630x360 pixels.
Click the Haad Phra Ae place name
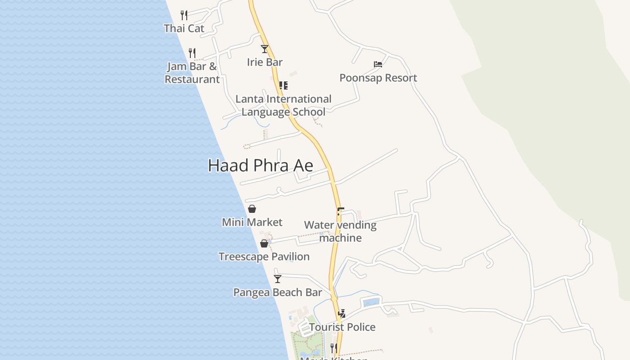(260, 166)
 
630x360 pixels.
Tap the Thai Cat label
(184, 28)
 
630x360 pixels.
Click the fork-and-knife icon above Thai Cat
(184, 15)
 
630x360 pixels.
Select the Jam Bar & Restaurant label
(192, 73)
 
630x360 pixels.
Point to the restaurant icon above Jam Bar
(192, 53)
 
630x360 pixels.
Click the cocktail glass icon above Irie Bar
(265, 49)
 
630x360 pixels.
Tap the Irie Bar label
(265, 62)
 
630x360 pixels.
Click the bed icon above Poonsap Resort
(378, 64)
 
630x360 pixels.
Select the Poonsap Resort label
(378, 78)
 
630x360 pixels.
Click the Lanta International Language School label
(283, 105)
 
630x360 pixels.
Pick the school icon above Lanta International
(283, 85)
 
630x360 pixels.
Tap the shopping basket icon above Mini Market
(252, 209)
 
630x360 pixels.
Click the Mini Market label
(252, 222)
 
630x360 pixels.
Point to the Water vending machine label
(340, 231)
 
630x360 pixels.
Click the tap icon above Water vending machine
(340, 211)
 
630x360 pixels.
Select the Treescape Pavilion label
(264, 256)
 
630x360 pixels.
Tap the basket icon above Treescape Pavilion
(264, 243)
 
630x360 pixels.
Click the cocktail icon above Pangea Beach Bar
(278, 279)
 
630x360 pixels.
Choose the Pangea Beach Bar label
(278, 292)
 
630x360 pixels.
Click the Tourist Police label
(342, 327)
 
